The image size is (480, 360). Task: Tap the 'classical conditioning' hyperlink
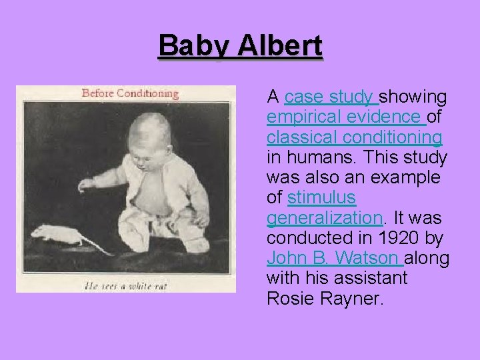[354, 137]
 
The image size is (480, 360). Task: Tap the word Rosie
[289, 298]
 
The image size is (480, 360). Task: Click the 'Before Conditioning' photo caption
[130, 93]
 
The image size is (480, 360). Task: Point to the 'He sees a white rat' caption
[126, 287]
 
